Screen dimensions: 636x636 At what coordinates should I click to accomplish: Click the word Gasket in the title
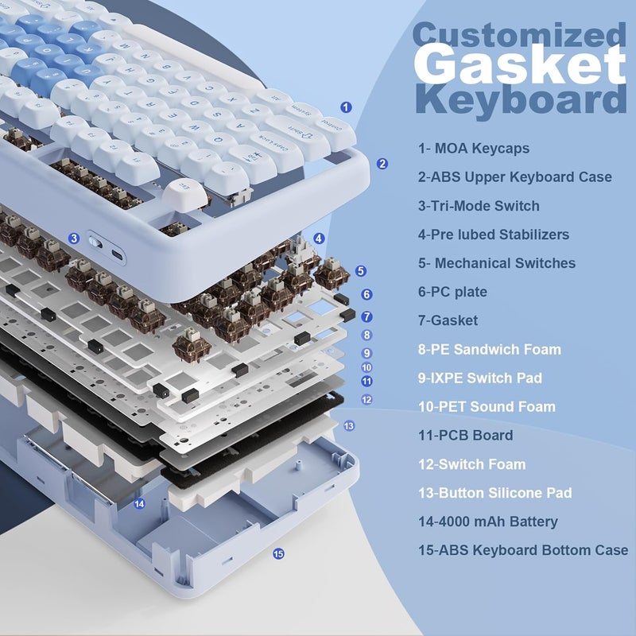(521, 65)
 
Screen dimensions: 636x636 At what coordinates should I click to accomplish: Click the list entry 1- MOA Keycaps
(473, 148)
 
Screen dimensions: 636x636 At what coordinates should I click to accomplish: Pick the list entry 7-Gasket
(448, 320)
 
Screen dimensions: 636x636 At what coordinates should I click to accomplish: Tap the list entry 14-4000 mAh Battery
(488, 522)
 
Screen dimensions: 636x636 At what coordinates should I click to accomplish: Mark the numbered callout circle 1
(346, 107)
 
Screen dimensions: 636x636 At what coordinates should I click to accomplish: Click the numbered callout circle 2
(382, 164)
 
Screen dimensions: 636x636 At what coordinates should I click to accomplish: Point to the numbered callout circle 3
(74, 238)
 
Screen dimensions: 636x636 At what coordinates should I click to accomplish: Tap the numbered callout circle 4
(319, 238)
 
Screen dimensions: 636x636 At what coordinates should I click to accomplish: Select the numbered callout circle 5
(362, 271)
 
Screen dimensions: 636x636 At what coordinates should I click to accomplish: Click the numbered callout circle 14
(140, 503)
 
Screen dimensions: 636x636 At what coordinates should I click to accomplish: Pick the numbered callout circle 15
(278, 554)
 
